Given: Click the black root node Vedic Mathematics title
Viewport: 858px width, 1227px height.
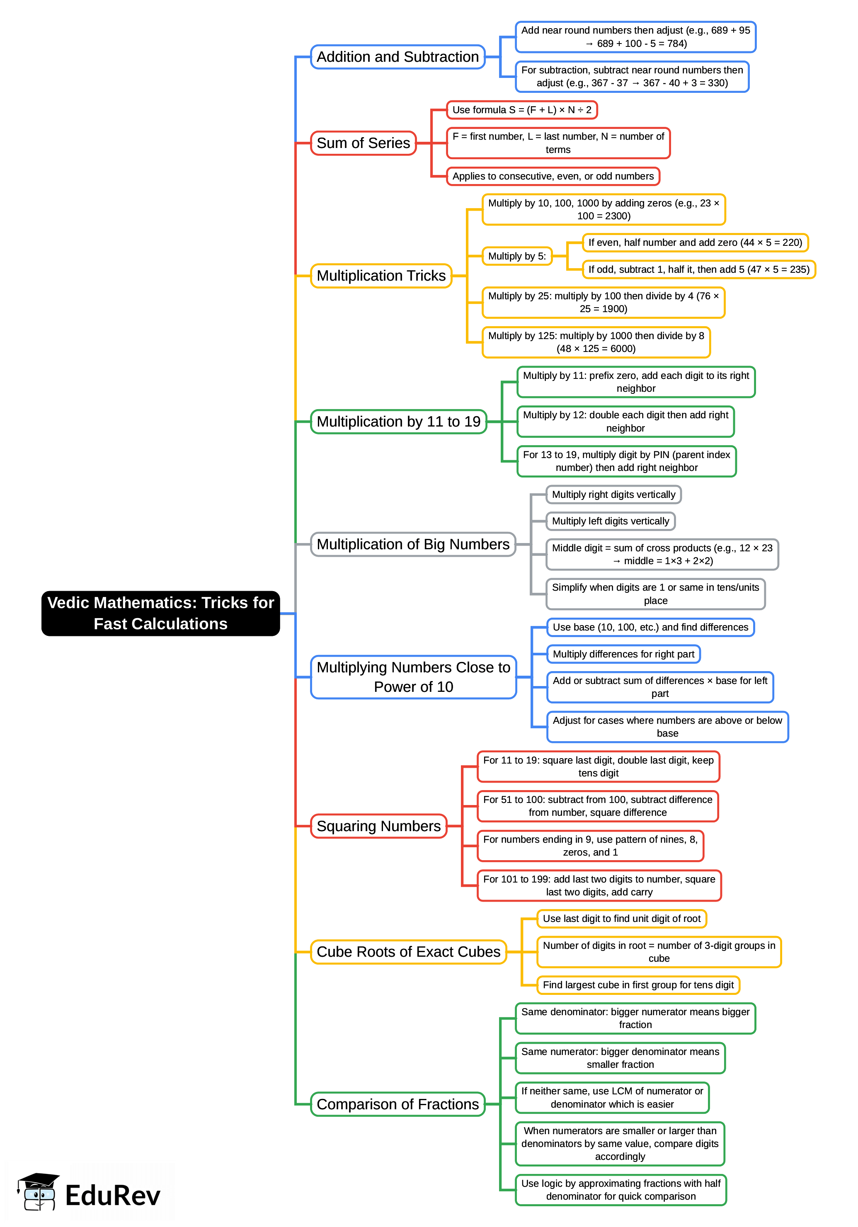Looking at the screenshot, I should tap(160, 613).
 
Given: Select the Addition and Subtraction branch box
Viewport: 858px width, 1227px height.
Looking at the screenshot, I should tap(397, 57).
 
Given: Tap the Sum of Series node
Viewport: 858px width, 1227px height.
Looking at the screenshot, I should tap(363, 143).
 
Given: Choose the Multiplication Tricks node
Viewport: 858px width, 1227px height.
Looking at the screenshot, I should tap(381, 276).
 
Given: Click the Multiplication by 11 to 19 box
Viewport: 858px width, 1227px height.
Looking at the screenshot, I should tap(399, 422).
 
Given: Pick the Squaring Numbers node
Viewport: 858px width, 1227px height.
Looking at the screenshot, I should tap(378, 826).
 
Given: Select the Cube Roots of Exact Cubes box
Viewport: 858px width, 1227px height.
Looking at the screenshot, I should tap(408, 952).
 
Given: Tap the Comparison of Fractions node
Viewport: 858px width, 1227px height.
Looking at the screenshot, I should tap(397, 1104).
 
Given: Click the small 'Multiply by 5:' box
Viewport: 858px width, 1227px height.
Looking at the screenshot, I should tap(516, 256).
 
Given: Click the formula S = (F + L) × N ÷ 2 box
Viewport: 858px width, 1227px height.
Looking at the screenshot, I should tap(521, 110).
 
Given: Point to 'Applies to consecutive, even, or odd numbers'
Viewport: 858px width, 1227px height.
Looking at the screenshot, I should tap(553, 176).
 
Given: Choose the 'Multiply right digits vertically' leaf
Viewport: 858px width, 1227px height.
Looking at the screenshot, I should tap(613, 495).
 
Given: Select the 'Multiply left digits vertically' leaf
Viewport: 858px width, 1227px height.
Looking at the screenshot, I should tap(610, 521).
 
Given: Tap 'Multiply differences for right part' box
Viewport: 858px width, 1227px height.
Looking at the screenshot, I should tap(623, 654).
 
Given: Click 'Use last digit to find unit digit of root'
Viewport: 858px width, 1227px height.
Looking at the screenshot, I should tap(621, 919).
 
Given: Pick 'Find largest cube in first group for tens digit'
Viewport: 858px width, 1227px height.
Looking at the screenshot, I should tap(638, 985).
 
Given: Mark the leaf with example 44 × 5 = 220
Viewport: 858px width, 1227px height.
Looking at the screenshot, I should tap(695, 242).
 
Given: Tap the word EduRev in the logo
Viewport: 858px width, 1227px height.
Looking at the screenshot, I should tap(113, 1195).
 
